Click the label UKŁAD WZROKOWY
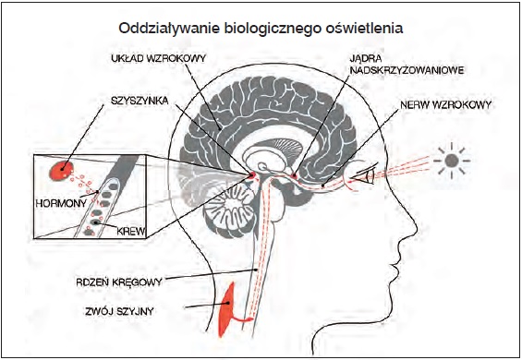[159, 58]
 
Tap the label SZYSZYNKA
[140, 101]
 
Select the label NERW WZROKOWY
[445, 105]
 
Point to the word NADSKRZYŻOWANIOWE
[407, 70]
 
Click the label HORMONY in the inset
[61, 203]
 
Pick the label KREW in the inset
[131, 231]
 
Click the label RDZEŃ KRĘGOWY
[119, 282]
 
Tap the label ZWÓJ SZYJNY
[119, 311]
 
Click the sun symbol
[452, 161]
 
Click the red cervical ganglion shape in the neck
[228, 309]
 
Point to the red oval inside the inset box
[61, 171]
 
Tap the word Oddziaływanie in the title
[169, 28]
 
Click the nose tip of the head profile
[417, 229]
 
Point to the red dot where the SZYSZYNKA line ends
[251, 174]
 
